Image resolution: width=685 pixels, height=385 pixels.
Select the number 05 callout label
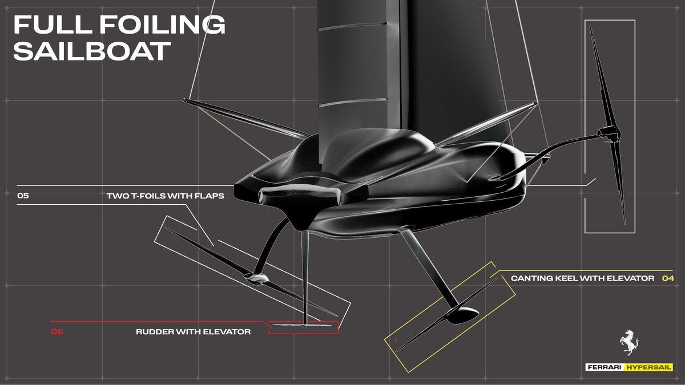tap(23, 196)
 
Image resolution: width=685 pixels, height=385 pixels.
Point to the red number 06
tap(57, 331)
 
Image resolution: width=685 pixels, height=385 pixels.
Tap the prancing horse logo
tap(628, 344)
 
